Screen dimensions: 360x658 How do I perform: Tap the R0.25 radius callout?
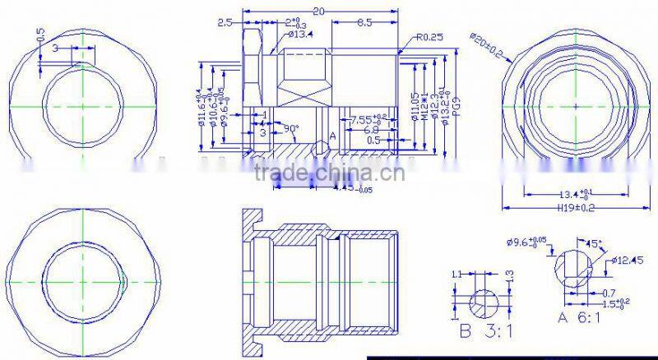pyautogui.click(x=429, y=36)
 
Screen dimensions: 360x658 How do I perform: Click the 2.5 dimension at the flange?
pyautogui.click(x=224, y=24)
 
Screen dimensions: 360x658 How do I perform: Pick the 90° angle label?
pyautogui.click(x=290, y=129)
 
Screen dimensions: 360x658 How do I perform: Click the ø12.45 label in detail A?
pyautogui.click(x=627, y=261)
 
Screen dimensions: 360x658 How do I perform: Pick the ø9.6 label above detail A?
pyautogui.click(x=526, y=243)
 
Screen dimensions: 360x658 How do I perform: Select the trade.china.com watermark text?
pyautogui.click(x=328, y=173)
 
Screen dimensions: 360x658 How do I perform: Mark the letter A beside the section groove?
pyautogui.click(x=332, y=135)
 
